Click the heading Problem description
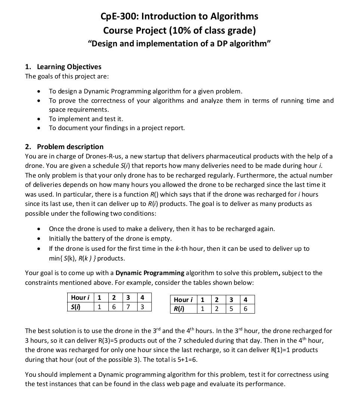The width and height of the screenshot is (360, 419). [x=70, y=147]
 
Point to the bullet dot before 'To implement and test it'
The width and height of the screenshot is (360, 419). [x=39, y=119]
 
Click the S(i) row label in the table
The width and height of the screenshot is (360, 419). [x=76, y=307]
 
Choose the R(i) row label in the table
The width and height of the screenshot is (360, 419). [x=179, y=309]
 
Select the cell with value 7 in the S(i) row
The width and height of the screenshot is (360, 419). [x=128, y=307]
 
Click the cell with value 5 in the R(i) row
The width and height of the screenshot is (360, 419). [x=231, y=309]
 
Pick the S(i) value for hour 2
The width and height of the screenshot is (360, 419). [x=114, y=307]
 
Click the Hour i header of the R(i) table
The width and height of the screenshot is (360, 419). [x=183, y=300]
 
